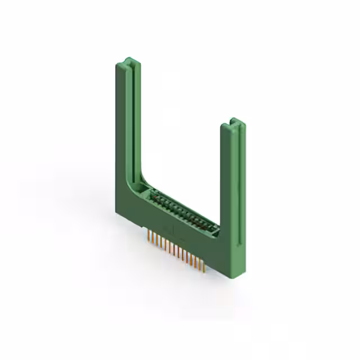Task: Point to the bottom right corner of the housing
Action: [235, 279]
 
